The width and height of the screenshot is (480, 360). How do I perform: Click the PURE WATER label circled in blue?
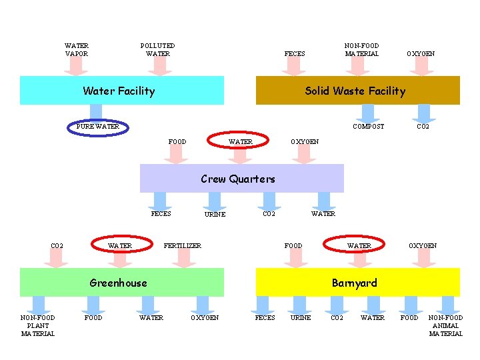(x=98, y=126)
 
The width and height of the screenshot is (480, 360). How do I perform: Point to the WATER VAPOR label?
(x=76, y=50)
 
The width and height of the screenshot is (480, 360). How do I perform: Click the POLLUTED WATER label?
(x=158, y=50)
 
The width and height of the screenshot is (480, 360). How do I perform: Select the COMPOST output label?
(x=368, y=127)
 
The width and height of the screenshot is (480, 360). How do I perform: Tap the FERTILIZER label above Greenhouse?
(x=183, y=246)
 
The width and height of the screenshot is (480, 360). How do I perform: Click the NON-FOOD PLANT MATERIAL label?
(x=38, y=325)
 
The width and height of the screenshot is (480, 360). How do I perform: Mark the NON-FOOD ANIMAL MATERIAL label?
(x=445, y=325)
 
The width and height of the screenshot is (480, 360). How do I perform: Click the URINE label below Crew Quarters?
(x=215, y=215)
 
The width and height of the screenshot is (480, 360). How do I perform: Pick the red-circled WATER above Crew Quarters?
(x=240, y=141)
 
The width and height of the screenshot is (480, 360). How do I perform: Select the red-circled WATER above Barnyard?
(x=359, y=245)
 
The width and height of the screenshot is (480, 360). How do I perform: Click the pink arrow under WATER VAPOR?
(x=76, y=66)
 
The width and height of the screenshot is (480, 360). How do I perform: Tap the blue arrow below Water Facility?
(x=96, y=112)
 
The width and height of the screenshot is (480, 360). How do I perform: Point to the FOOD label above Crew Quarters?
(x=177, y=141)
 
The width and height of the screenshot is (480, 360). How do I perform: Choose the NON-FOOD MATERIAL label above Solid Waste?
(x=361, y=49)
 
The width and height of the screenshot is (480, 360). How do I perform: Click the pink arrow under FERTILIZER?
(x=183, y=259)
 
